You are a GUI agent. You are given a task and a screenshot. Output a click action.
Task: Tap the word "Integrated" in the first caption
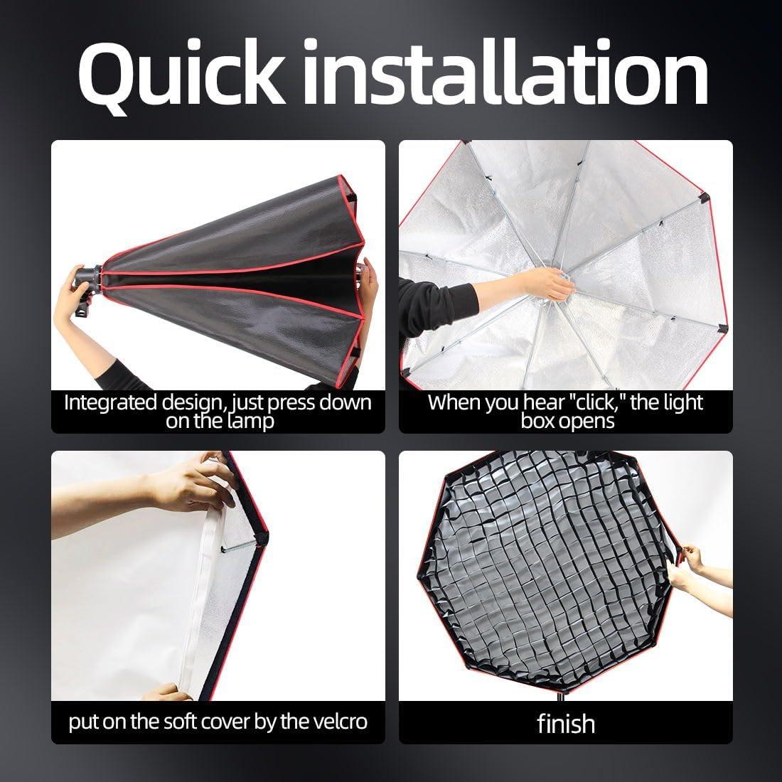(x=111, y=402)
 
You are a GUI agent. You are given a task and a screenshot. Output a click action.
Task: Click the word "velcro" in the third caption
(x=336, y=722)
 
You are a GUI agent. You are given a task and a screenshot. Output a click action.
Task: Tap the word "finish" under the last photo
(x=566, y=724)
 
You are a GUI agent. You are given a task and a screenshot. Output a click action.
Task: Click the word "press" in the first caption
(x=292, y=402)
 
